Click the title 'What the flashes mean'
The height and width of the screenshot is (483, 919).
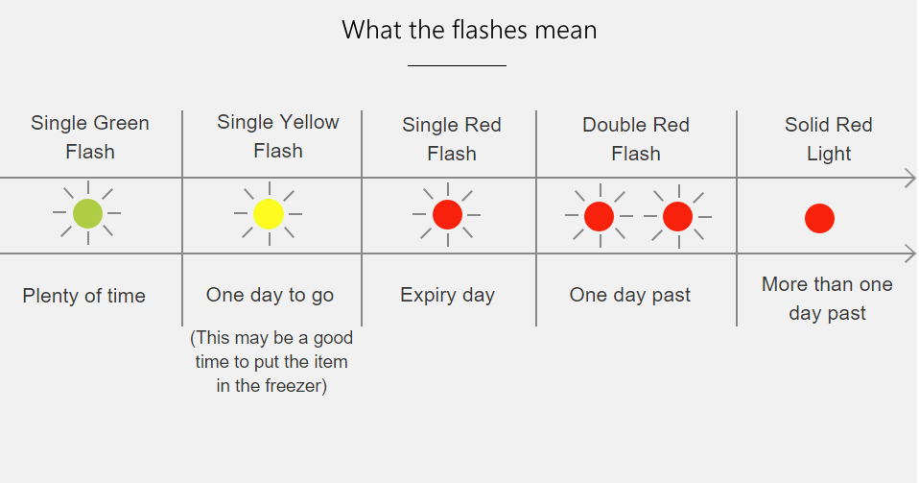469,30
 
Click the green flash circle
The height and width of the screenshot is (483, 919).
88,213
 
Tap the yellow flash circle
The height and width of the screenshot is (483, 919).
269,213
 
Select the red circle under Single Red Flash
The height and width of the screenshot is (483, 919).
447,214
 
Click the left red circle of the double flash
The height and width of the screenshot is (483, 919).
599,216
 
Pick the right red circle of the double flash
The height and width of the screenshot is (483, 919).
677,216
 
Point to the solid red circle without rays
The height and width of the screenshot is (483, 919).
819,218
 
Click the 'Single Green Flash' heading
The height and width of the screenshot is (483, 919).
89,137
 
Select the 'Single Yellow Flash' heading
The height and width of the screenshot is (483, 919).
278,136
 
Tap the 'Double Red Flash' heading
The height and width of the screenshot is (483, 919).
636,139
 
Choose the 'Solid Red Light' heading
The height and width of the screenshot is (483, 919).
829,139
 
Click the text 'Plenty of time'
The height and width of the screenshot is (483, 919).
83,295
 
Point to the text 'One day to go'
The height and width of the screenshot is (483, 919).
270,295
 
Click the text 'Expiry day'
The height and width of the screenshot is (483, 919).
447,295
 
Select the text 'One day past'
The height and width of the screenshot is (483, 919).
630,295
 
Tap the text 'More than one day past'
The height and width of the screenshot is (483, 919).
827,299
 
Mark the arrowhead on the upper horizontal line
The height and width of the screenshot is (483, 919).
910,178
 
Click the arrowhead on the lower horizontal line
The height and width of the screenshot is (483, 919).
910,254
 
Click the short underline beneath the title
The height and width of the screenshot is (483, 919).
458,65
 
